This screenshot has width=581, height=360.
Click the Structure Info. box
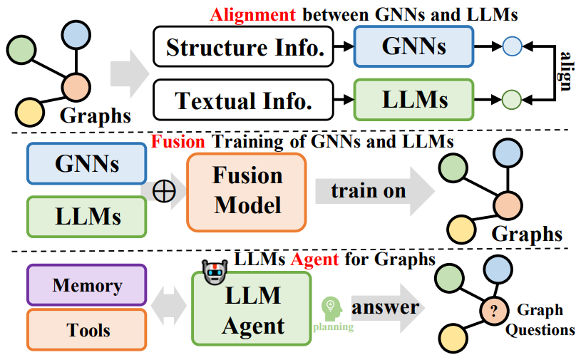pos(245,48)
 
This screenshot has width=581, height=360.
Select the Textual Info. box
pos(244,100)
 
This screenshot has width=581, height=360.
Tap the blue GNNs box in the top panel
pos(413,47)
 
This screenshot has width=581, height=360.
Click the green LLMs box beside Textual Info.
pos(413,100)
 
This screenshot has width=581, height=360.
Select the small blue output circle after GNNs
pos(512,48)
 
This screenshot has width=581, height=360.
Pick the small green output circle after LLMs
pos(511,99)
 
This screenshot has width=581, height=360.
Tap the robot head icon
pos(212,272)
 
